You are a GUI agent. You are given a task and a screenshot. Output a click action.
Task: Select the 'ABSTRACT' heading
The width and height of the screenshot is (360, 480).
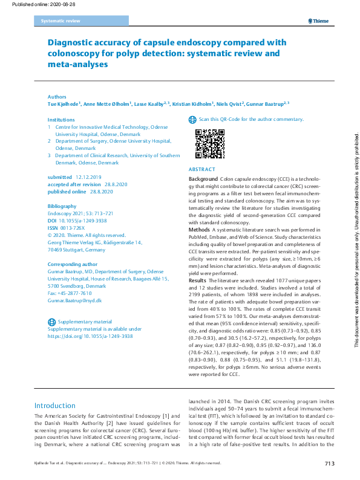click(201, 170)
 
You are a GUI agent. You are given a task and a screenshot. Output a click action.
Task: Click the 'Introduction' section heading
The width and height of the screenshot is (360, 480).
click(55, 405)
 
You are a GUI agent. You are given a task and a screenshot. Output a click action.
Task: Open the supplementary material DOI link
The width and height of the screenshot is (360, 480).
click(90, 336)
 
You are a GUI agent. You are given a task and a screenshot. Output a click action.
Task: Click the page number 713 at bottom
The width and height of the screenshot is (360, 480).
click(329, 464)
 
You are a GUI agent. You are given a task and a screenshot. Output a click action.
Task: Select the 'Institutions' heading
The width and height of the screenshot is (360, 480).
click(61, 120)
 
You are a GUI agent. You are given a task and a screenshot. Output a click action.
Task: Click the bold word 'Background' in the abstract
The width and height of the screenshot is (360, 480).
click(203, 180)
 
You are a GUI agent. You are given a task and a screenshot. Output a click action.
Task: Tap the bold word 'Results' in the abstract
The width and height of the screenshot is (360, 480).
click(198, 281)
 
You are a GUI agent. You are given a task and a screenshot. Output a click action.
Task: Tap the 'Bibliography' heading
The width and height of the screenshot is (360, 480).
click(62, 206)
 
